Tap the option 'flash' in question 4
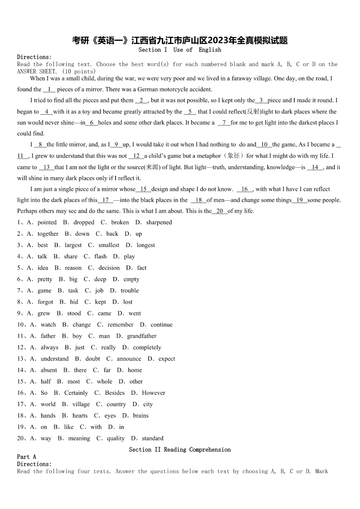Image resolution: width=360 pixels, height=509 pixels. pyautogui.click(x=101, y=257)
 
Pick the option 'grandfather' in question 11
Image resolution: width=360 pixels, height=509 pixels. pyautogui.click(x=141, y=336)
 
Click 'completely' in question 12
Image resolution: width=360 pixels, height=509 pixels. pyautogui.click(x=147, y=348)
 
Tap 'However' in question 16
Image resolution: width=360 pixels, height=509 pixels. pyautogui.click(x=153, y=393)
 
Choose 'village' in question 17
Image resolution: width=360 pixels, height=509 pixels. pyautogui.click(x=81, y=404)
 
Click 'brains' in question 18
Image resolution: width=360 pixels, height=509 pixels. pyautogui.click(x=140, y=416)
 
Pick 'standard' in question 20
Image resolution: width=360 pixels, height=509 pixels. pyautogui.click(x=152, y=438)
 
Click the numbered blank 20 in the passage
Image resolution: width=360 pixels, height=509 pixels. pyautogui.click(x=219, y=211)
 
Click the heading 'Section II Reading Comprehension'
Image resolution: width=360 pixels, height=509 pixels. pyautogui.click(x=180, y=450)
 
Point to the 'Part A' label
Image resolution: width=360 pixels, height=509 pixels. pyautogui.click(x=26, y=457)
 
